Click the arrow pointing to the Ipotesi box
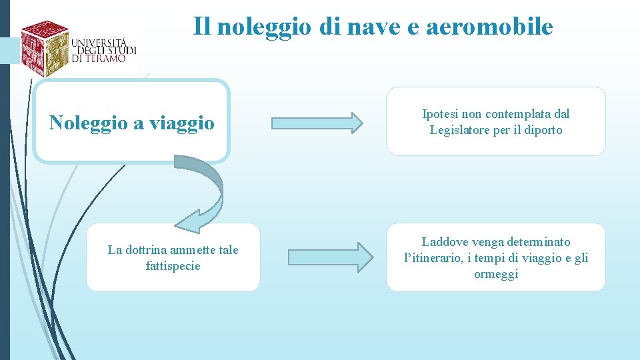coord(317,122)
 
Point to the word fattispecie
coord(173,266)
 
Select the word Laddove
coord(444,241)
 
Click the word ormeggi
coord(496,274)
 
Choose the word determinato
coord(537,241)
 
